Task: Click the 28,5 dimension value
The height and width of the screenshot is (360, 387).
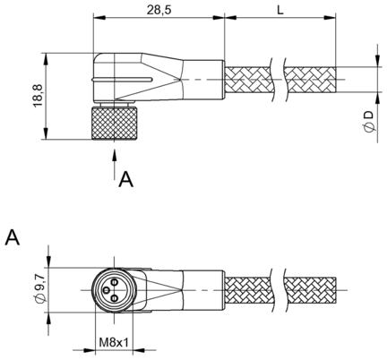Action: click(x=159, y=10)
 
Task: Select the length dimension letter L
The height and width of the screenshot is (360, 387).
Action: click(x=279, y=10)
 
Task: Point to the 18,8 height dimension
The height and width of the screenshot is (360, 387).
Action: click(x=39, y=96)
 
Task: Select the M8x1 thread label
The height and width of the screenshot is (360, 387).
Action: click(x=114, y=342)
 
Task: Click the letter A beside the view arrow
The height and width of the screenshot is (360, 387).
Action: click(x=125, y=179)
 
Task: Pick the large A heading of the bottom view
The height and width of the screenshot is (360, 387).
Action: click(x=13, y=237)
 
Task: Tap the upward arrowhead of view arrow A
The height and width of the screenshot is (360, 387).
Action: click(x=115, y=155)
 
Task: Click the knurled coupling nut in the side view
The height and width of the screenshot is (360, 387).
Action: click(x=114, y=123)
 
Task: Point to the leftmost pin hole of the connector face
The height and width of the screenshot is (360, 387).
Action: click(x=107, y=289)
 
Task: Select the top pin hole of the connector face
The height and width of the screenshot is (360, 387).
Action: click(x=115, y=281)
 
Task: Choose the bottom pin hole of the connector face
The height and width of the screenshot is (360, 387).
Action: click(x=115, y=297)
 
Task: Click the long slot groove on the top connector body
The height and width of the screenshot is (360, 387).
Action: click(x=122, y=80)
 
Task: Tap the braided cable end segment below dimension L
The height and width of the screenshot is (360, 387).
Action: click(x=310, y=80)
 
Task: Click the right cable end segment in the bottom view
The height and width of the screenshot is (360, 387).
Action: click(x=310, y=289)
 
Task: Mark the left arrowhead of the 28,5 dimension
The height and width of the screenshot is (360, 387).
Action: click(x=99, y=18)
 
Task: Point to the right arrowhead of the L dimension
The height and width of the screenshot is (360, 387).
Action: click(x=331, y=18)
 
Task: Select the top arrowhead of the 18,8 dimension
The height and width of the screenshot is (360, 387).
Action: click(x=46, y=59)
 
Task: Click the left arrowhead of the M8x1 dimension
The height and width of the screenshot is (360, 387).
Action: click(x=90, y=350)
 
